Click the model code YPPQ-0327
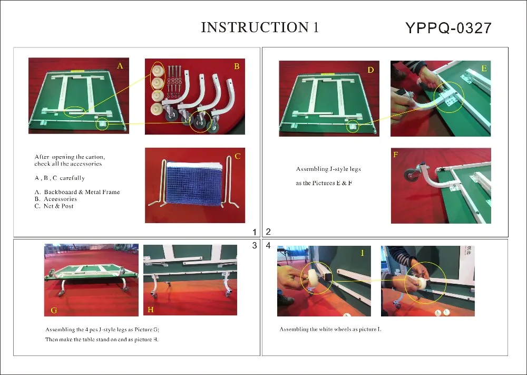(448, 28)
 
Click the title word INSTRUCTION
(255, 27)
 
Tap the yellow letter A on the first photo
(120, 66)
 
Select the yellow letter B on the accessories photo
(237, 66)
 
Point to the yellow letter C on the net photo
(238, 157)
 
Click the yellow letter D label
(370, 70)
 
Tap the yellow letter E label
(484, 68)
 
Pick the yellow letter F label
(396, 155)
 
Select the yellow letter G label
(54, 311)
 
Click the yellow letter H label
(151, 310)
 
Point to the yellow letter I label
(363, 253)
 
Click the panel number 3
(255, 245)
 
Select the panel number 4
(268, 245)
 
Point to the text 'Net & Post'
(58, 206)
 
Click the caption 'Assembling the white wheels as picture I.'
(330, 329)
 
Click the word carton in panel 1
(95, 157)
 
